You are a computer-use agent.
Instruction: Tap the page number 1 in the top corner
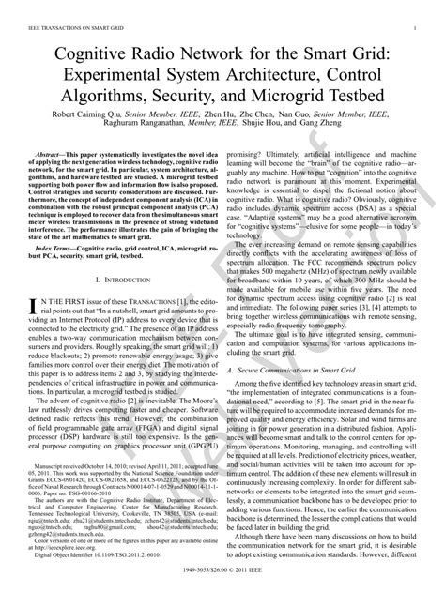[x=414, y=30]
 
